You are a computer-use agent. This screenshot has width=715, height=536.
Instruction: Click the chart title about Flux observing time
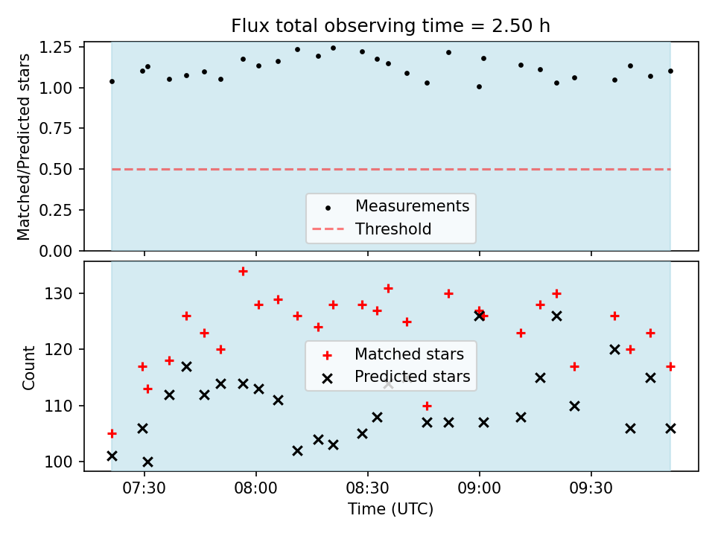[390, 25]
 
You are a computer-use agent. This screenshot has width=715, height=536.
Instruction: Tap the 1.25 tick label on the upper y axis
[55, 48]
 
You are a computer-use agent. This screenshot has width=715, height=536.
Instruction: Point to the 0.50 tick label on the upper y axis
[55, 169]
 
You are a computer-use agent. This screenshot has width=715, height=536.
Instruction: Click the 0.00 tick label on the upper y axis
[55, 251]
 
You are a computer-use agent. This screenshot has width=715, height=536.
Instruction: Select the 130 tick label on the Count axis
[58, 293]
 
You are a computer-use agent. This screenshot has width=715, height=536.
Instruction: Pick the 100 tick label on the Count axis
[58, 462]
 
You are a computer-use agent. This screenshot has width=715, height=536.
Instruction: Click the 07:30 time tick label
[144, 488]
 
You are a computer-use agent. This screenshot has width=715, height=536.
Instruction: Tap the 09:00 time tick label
[479, 488]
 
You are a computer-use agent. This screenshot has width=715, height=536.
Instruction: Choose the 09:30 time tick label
[591, 488]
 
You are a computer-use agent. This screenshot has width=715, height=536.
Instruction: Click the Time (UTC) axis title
[391, 508]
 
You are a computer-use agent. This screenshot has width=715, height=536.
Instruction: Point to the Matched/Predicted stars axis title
[23, 147]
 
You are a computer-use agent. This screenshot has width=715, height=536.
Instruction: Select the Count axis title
[28, 368]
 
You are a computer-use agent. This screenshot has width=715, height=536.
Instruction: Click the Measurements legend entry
[391, 206]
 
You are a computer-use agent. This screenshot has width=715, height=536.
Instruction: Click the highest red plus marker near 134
[243, 272]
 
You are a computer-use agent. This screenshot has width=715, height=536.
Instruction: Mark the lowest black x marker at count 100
[147, 462]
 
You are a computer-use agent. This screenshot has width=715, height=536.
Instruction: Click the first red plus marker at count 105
[112, 433]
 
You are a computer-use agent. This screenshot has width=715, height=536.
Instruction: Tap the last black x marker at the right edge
[670, 429]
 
